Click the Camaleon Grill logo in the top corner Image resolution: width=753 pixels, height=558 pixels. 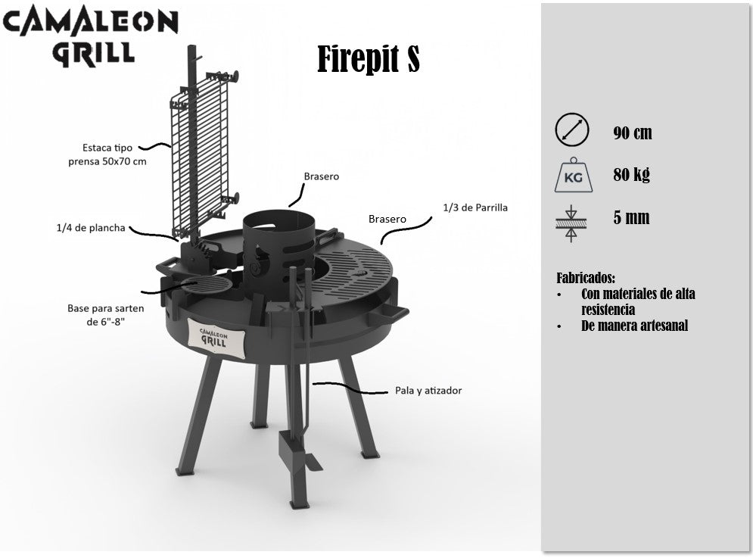[x=91, y=36]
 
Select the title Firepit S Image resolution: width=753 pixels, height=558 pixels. [x=369, y=59]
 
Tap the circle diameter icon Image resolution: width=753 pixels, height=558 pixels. [x=571, y=129]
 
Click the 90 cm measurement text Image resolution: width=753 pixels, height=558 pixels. [x=633, y=132]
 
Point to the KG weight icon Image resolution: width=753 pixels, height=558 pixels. [x=573, y=175]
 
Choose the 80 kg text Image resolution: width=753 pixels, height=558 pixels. [x=631, y=174]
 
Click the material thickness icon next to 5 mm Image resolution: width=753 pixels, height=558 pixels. [x=571, y=223]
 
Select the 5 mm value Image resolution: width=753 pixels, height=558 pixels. [x=631, y=218]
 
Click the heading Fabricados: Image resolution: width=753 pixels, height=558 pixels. [x=586, y=278]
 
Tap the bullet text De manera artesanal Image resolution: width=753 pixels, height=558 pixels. [x=634, y=326]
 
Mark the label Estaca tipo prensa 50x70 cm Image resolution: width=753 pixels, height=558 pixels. [x=107, y=154]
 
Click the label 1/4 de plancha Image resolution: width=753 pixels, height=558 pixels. [x=91, y=228]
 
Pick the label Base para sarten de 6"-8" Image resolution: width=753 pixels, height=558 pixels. [x=106, y=315]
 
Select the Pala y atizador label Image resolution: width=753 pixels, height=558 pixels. [x=428, y=390]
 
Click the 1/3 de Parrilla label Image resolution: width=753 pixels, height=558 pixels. [x=475, y=207]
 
